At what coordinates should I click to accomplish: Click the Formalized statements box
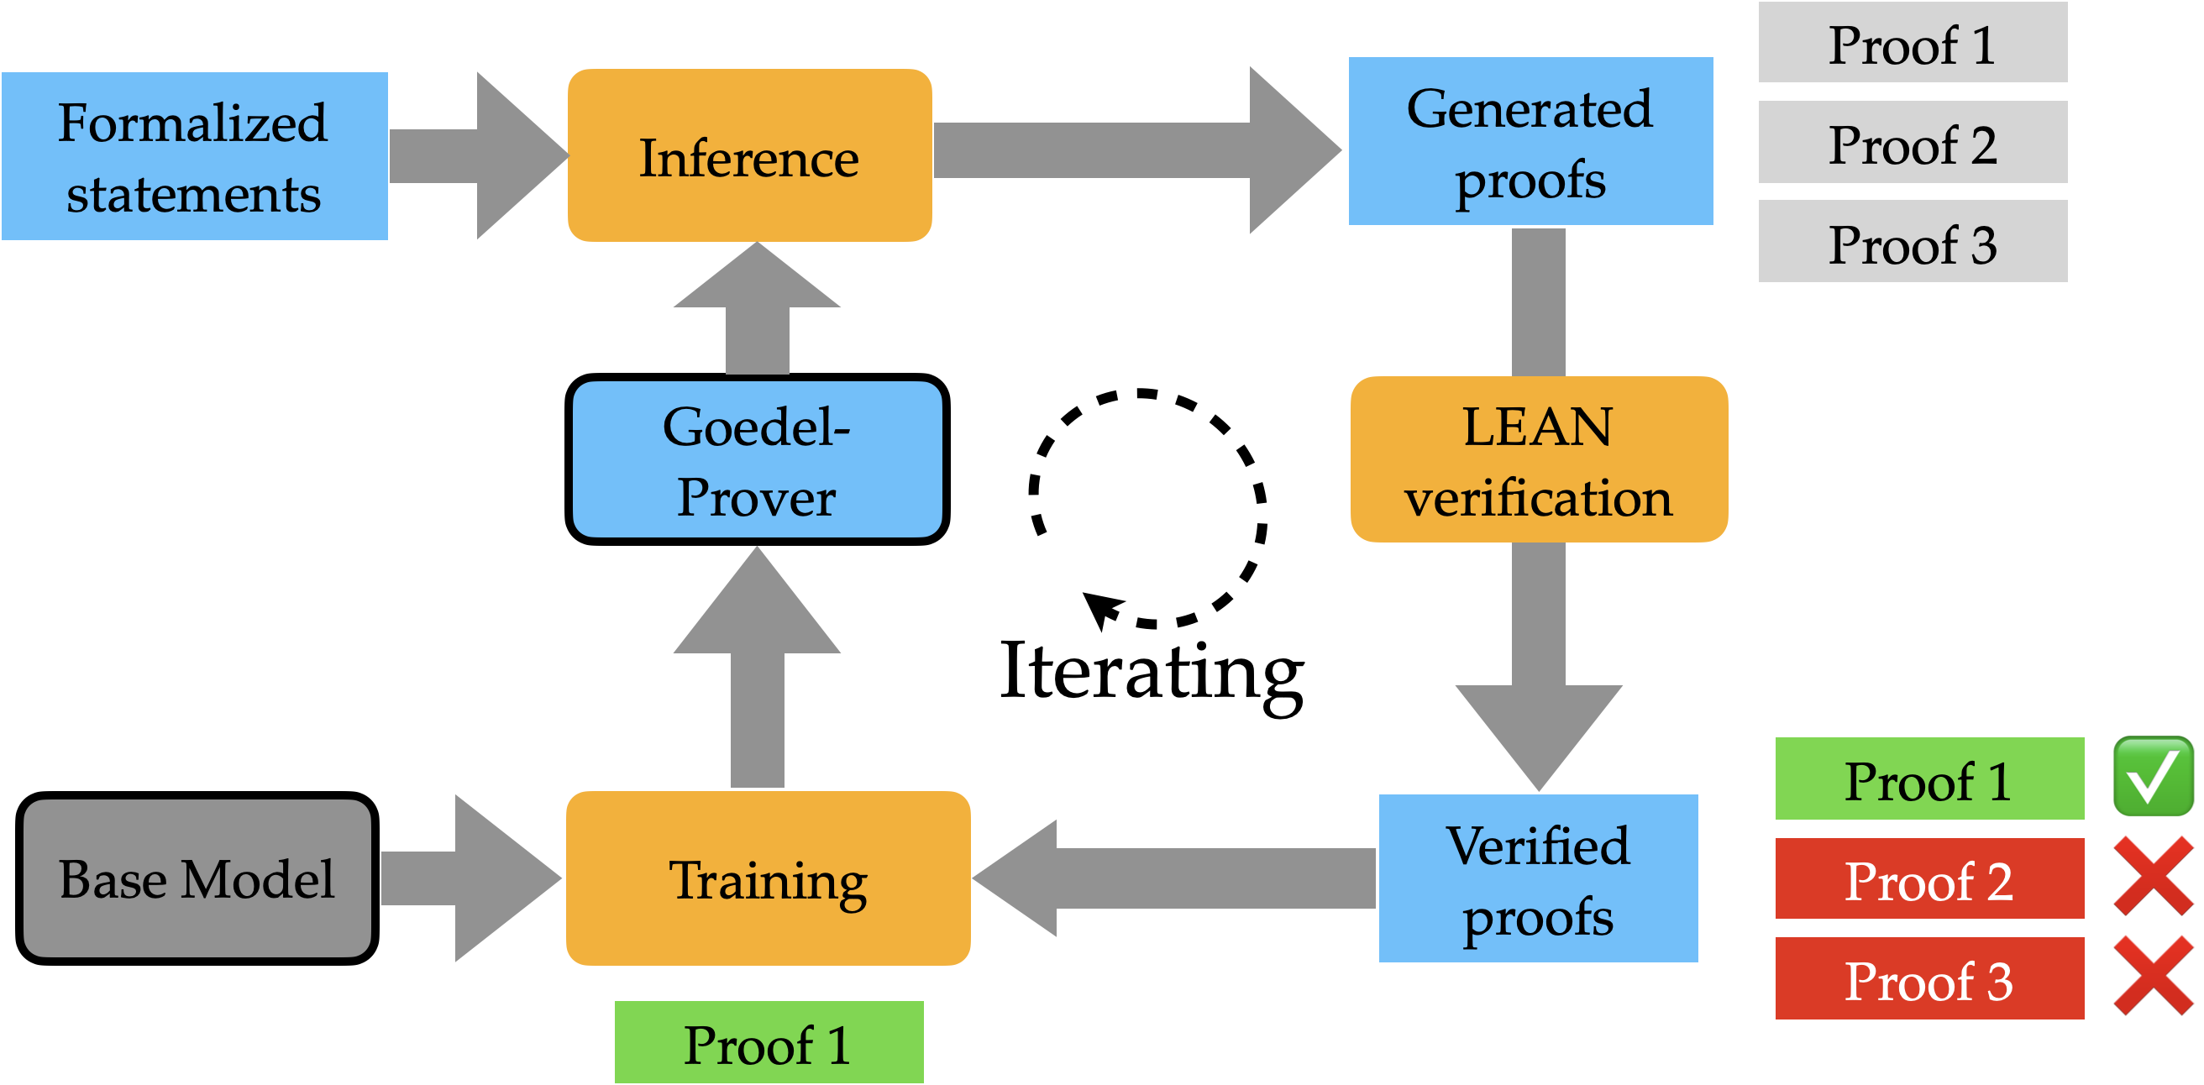click(194, 156)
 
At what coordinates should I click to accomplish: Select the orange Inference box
click(749, 156)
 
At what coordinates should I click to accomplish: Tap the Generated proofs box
click(1530, 142)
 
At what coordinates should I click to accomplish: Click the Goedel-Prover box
click(756, 460)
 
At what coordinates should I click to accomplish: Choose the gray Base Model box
click(197, 878)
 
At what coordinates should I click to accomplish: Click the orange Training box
click(768, 878)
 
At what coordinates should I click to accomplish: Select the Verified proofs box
click(1537, 878)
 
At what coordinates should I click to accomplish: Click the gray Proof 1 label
click(1913, 43)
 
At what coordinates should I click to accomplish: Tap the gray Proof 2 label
click(1913, 143)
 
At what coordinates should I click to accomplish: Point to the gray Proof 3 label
click(1913, 242)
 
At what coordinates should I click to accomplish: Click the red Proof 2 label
click(1928, 878)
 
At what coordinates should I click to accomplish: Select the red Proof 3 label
click(1928, 979)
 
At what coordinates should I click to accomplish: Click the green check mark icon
click(2153, 777)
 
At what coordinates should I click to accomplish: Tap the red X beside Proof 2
click(2153, 876)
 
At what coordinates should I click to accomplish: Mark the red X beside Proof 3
click(2153, 977)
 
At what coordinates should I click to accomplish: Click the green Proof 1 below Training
click(769, 1042)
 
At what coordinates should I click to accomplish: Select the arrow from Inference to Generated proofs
click(1130, 150)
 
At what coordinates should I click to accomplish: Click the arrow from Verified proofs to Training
click(1181, 878)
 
